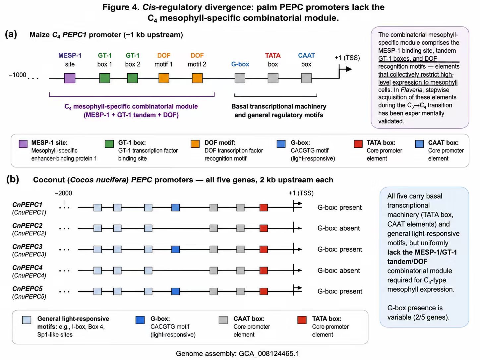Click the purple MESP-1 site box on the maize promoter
pyautogui.click(x=70, y=78)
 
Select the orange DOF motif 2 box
pyautogui.click(x=197, y=78)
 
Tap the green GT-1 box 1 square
pyautogui.click(x=104, y=78)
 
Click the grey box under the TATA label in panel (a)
pyautogui.click(x=273, y=78)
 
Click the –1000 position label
pyautogui.click(x=18, y=75)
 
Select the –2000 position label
pyautogui.click(x=63, y=193)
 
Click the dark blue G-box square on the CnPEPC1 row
pyautogui.click(x=175, y=208)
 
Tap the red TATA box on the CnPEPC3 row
pyautogui.click(x=264, y=249)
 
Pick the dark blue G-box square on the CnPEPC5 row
pyautogui.click(x=175, y=291)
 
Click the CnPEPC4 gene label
pyautogui.click(x=28, y=268)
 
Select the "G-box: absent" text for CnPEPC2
pyautogui.click(x=338, y=228)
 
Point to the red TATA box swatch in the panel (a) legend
pyautogui.click(x=358, y=144)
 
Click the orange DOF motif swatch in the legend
pyautogui.click(x=195, y=144)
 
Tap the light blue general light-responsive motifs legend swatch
pyautogui.click(x=27, y=320)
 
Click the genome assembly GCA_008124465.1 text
pyautogui.click(x=237, y=353)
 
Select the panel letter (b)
pyautogui.click(x=13, y=179)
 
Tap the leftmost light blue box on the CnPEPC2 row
pyautogui.click(x=97, y=228)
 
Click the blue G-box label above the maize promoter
pyautogui.click(x=240, y=64)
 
